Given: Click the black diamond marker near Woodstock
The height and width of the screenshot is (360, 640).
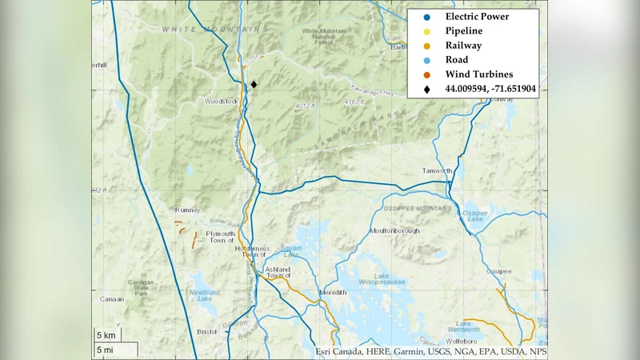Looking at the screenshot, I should (x=254, y=84).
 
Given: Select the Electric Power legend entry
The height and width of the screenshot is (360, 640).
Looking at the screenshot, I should (x=478, y=16).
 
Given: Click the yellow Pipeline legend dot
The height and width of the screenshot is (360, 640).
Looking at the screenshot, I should (x=427, y=30).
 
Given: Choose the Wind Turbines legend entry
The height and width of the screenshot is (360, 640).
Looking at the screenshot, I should (x=478, y=74).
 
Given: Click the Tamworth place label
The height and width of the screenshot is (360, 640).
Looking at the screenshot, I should (x=438, y=171).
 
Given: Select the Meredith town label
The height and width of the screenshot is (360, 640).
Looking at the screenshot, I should (x=333, y=293).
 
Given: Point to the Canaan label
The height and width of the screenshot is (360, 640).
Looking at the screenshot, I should (x=112, y=300).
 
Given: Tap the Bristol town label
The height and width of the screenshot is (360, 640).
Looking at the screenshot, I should (x=207, y=331).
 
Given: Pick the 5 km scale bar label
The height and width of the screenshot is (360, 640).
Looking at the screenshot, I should (x=107, y=334).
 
